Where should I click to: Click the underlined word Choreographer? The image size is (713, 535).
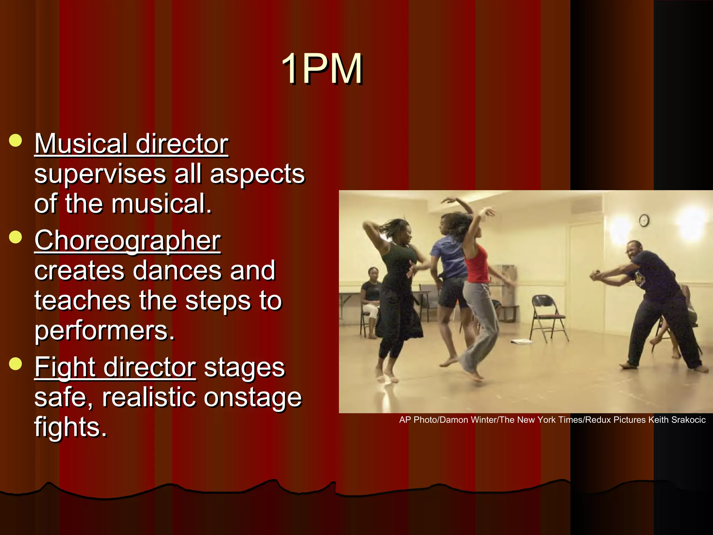click(x=127, y=241)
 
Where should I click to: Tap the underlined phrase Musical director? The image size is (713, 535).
click(x=131, y=144)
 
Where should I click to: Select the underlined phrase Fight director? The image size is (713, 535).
click(x=115, y=367)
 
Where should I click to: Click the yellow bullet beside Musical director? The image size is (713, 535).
click(x=16, y=141)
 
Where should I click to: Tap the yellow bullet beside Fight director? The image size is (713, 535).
click(x=16, y=364)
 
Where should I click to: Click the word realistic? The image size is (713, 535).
click(x=149, y=397)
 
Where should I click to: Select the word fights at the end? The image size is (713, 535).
click(x=70, y=427)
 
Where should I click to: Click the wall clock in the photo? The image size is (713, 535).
click(x=644, y=220)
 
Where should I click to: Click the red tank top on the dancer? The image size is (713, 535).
click(x=477, y=265)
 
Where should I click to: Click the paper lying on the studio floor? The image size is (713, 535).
click(x=521, y=341)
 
